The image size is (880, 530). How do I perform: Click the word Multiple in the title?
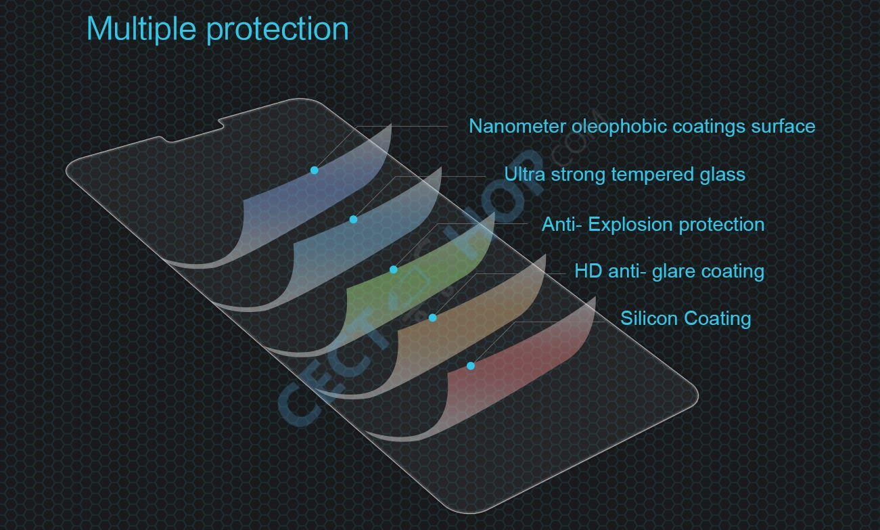tap(141, 28)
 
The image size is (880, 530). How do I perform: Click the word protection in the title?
tap(277, 30)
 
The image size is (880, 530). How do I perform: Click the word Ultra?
tap(524, 174)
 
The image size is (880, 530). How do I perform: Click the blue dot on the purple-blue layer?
tap(315, 171)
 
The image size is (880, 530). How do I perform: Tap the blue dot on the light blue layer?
tap(354, 219)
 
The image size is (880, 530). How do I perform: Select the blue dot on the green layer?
tap(394, 269)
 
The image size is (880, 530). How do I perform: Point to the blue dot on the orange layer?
tap(432, 317)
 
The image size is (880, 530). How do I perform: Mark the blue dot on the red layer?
tap(471, 366)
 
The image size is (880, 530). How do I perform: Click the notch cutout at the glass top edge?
tap(191, 132)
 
